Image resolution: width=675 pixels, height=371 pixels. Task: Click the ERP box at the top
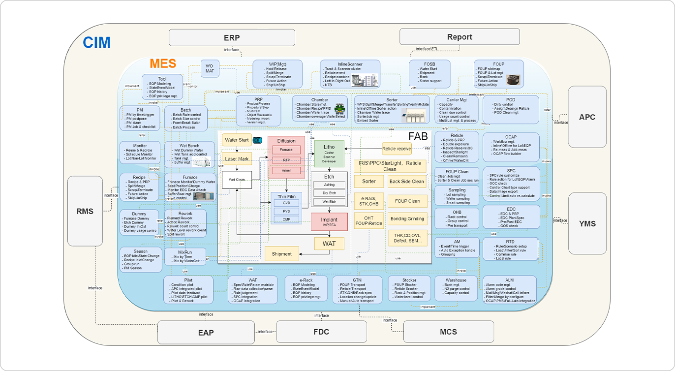pos(232,37)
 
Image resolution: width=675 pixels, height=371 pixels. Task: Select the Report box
pos(460,37)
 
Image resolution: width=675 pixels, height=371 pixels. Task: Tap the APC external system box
pos(587,117)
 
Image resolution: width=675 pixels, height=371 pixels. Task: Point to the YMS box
pos(587,223)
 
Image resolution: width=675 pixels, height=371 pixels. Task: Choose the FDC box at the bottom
pos(321,332)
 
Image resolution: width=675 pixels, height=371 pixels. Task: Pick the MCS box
pos(448,332)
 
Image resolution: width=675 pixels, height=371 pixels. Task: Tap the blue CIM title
pos(96,43)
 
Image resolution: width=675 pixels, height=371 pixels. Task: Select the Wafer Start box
pos(237,140)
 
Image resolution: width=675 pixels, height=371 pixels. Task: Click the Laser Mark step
pos(237,159)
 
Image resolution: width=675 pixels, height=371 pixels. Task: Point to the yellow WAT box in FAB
pos(329,244)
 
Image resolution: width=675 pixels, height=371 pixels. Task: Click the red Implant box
pos(329,221)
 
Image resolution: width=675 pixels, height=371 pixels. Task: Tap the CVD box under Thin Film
pos(286,202)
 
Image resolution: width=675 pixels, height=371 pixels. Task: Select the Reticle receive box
pos(397,148)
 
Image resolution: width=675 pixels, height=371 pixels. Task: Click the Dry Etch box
pos(329,193)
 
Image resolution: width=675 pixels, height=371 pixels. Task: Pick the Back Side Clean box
pos(406,181)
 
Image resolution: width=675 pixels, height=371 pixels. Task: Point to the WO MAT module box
pos(210,69)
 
